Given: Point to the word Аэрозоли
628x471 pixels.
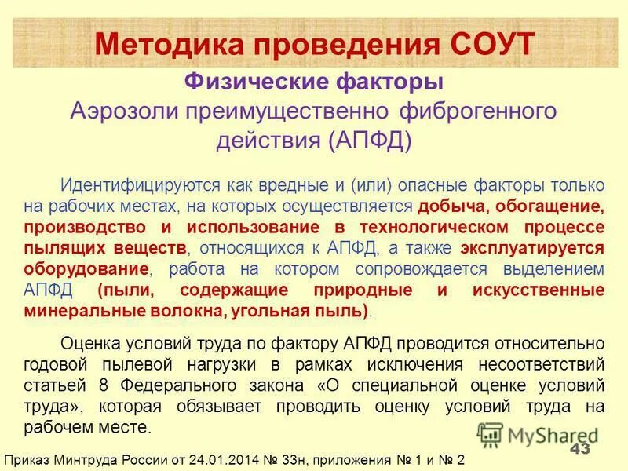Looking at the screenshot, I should point(124,111).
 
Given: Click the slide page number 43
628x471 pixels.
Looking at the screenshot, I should point(580,449).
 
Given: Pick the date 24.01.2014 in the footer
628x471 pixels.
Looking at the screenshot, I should point(225,459).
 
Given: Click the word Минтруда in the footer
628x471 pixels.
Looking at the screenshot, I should point(89,459).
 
